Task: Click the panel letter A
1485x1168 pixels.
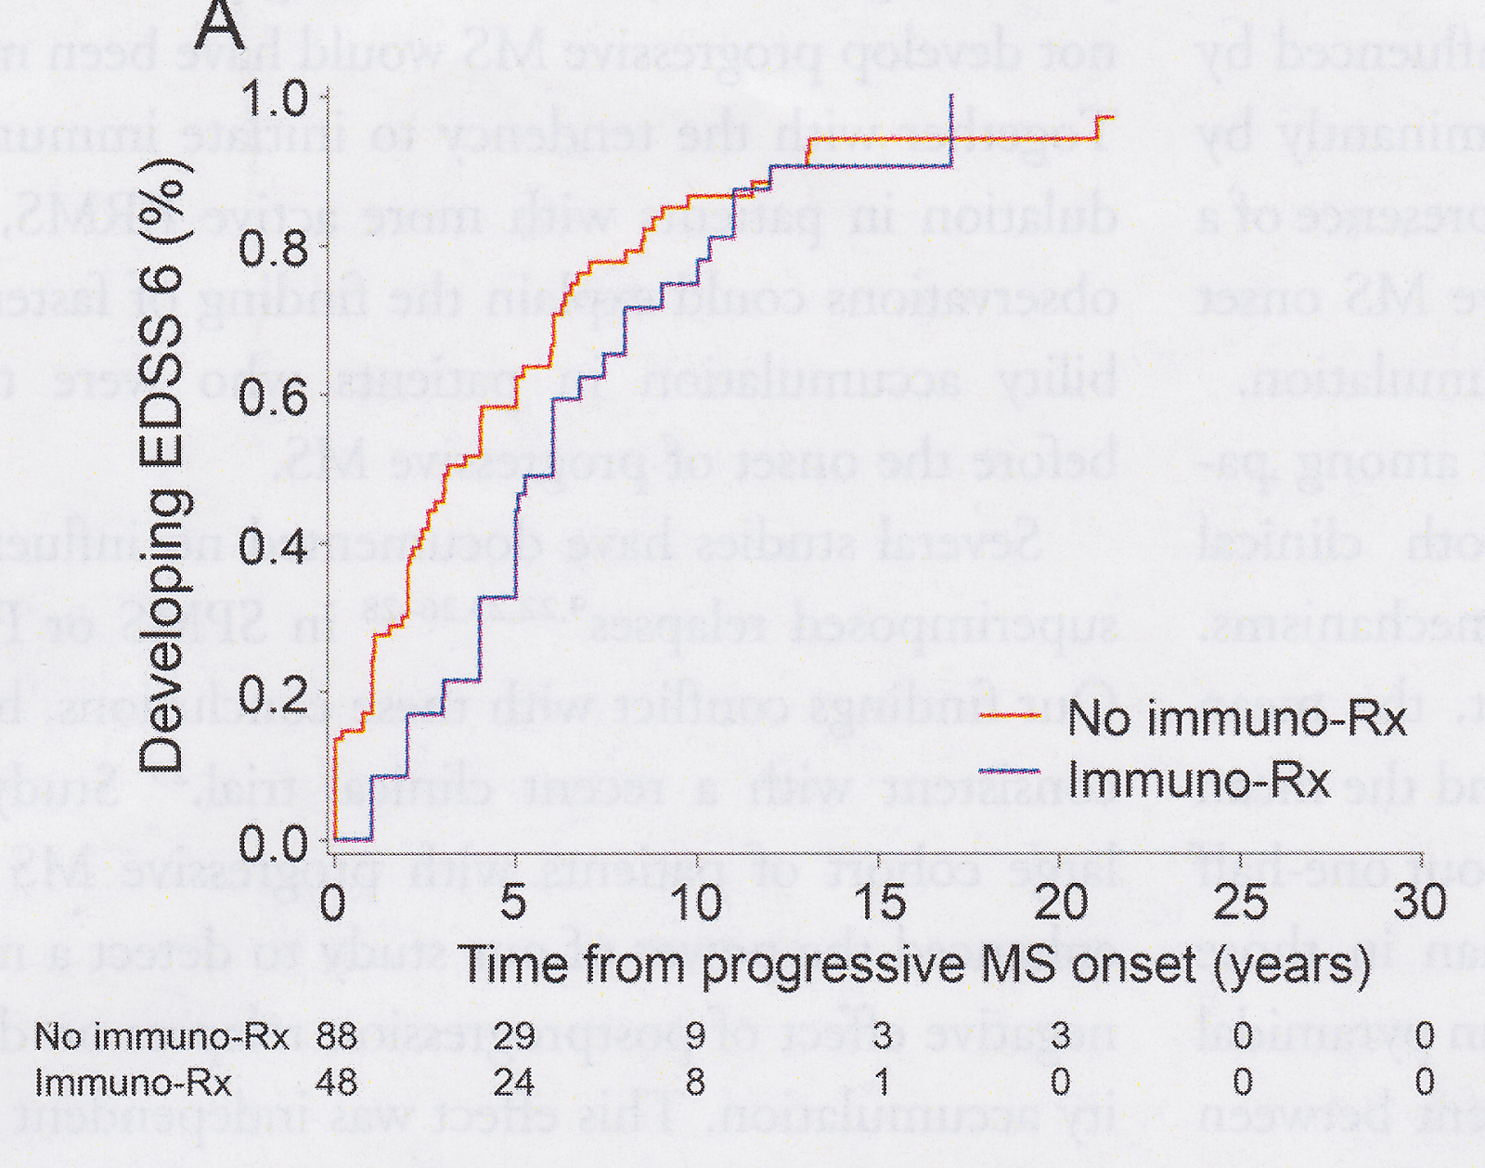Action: point(220,25)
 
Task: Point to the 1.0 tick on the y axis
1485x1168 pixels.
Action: point(275,98)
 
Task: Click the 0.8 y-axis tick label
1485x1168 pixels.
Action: point(275,249)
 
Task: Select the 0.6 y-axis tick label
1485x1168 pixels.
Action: point(275,397)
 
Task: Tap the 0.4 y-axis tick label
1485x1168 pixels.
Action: point(275,547)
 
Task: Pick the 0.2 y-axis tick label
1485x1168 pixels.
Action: point(275,694)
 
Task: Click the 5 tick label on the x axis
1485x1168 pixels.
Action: point(514,902)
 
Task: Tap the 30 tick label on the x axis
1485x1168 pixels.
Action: point(1420,902)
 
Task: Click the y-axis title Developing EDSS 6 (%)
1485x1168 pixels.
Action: point(165,464)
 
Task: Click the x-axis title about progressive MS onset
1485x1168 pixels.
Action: point(914,966)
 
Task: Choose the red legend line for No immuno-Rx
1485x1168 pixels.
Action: point(1009,715)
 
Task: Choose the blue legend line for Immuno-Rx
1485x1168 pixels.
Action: point(1009,771)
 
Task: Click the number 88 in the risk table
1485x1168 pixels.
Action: point(336,1035)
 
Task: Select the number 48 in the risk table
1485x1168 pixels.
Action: point(336,1082)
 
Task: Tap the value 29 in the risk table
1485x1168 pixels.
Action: point(514,1035)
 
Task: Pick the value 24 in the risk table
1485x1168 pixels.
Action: point(514,1082)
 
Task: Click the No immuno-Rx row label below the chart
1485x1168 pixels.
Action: point(161,1035)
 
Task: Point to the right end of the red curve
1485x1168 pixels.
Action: point(1111,118)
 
